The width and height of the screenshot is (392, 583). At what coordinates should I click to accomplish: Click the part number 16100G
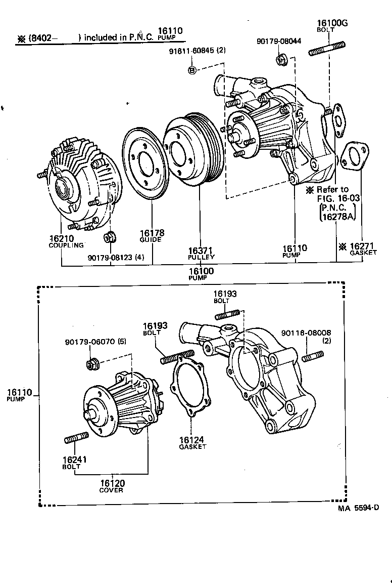332,23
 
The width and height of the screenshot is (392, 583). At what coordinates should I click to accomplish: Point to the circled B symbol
192,70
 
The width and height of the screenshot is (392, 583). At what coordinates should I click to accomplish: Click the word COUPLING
66,245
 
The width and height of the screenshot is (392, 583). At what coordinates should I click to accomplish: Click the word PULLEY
202,257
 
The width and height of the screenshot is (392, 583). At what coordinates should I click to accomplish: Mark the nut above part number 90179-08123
109,237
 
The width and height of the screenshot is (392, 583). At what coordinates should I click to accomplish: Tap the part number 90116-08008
306,333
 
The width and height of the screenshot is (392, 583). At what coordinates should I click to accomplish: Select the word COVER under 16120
111,490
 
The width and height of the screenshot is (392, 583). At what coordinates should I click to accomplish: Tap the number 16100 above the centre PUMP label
201,271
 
